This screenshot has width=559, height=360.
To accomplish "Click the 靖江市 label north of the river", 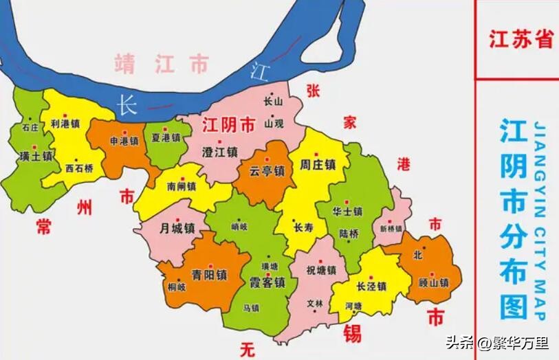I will pyautogui.click(x=162, y=64).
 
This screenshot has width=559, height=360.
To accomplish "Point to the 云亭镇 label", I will pyautogui.click(x=267, y=171).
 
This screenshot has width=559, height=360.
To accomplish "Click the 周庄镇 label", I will pyautogui.click(x=318, y=166).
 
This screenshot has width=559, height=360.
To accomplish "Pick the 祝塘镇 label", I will pyautogui.click(x=321, y=270).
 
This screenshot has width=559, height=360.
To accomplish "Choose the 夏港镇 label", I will pyautogui.click(x=166, y=137).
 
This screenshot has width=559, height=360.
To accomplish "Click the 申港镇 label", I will pyautogui.click(x=124, y=141).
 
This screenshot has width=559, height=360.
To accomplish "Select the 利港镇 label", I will pyautogui.click(x=65, y=124).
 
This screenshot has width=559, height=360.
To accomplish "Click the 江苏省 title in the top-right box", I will pyautogui.click(x=520, y=38).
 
